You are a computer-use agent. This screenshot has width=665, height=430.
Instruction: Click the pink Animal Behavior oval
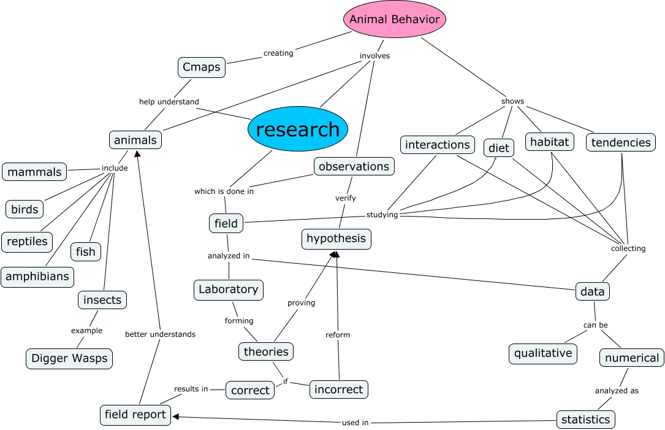click(394, 20)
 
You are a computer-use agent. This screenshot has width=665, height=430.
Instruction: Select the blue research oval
click(298, 129)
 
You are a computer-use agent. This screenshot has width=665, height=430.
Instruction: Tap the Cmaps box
click(202, 67)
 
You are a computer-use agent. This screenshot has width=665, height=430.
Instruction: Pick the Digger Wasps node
click(69, 358)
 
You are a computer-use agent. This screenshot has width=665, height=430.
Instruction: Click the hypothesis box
click(336, 239)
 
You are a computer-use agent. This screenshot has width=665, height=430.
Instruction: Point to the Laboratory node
click(229, 290)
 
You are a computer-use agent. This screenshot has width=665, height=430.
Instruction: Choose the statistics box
click(586, 420)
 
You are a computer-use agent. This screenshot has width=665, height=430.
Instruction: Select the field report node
click(135, 415)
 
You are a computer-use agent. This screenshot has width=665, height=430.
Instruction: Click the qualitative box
click(543, 353)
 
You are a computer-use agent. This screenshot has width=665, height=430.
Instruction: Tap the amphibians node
click(37, 277)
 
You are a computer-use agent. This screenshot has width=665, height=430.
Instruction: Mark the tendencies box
click(621, 142)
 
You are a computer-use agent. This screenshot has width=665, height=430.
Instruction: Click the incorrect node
click(339, 389)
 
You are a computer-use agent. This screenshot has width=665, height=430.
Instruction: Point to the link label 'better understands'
click(160, 334)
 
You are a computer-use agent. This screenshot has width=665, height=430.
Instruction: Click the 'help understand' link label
click(169, 102)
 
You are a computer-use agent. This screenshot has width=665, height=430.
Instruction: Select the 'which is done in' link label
click(224, 191)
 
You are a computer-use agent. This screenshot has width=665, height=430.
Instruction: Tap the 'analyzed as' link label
click(617, 390)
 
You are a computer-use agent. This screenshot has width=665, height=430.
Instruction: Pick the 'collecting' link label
click(628, 248)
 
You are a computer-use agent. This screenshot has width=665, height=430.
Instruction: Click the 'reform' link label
click(338, 335)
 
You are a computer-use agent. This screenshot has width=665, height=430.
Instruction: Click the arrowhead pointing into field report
click(175, 417)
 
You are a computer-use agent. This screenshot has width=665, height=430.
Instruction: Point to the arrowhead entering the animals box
click(137, 153)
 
